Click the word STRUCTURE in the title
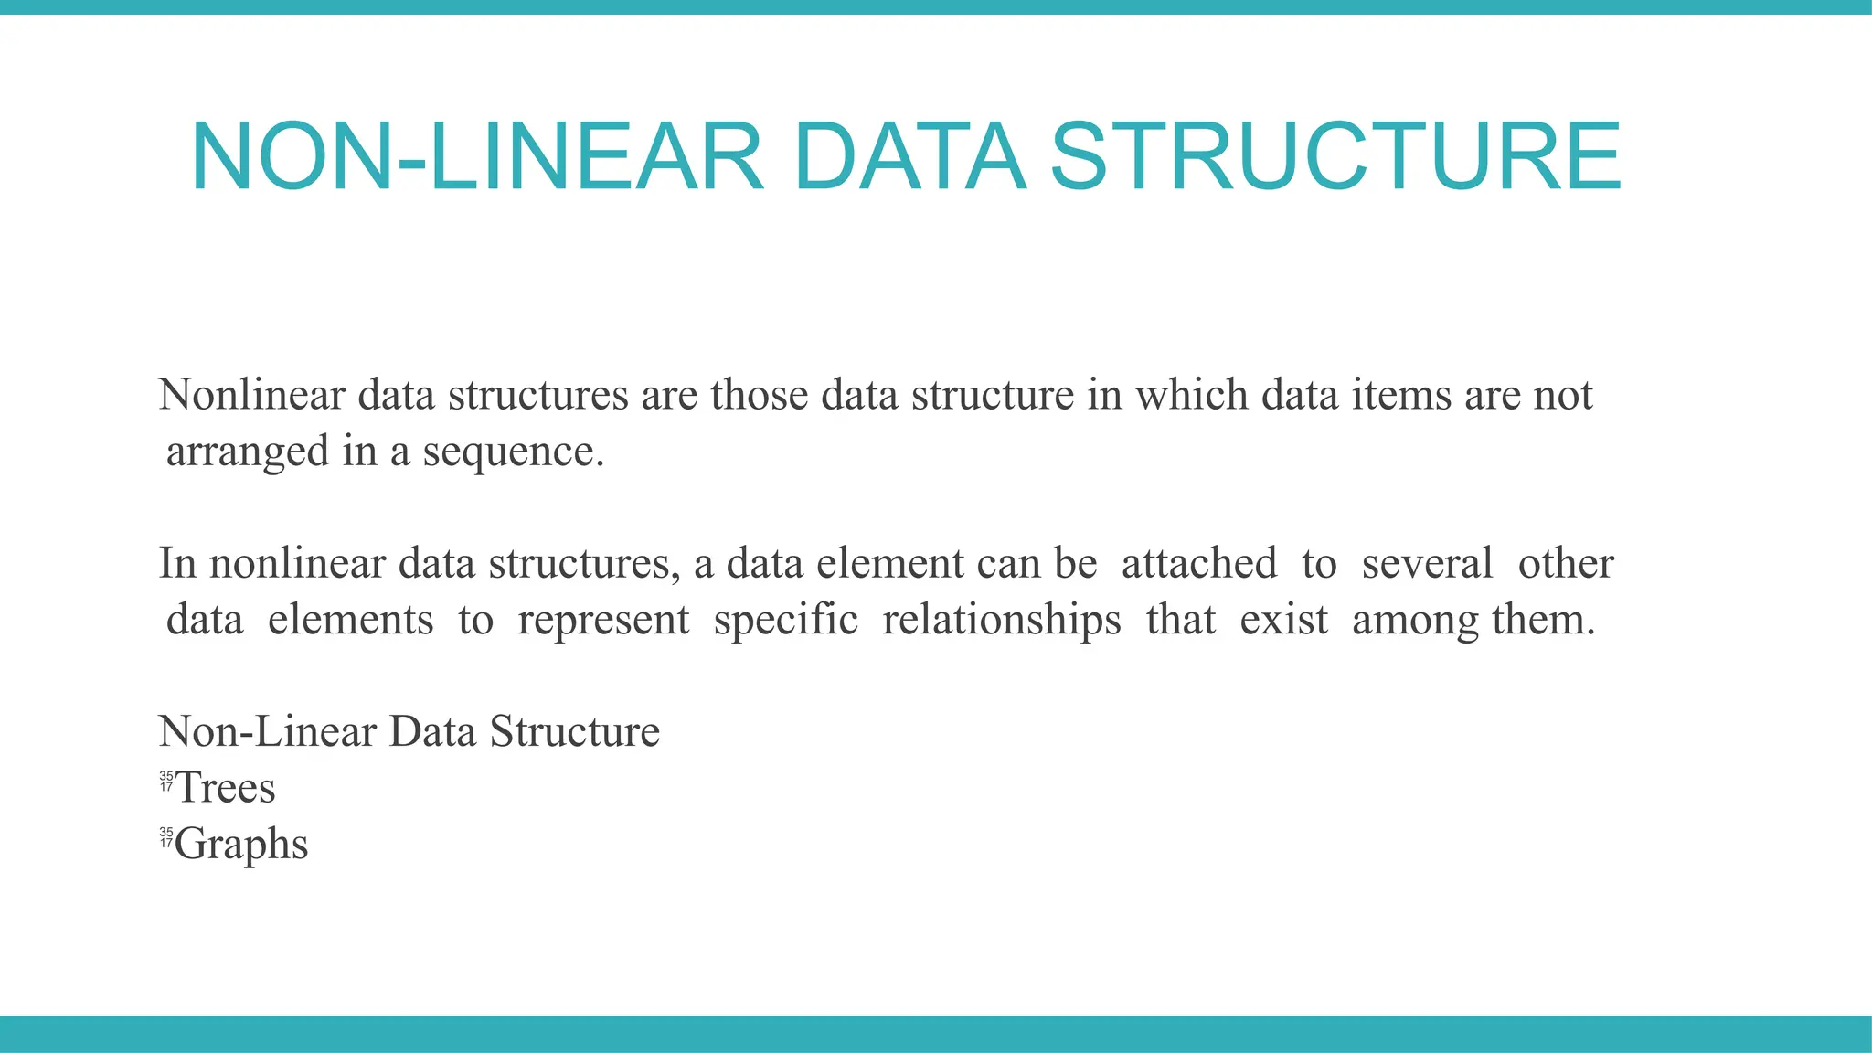(x=1335, y=157)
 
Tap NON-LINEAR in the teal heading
(x=476, y=157)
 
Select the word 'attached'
(x=1198, y=563)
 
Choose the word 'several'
(x=1427, y=563)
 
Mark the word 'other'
(x=1566, y=563)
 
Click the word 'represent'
(x=603, y=620)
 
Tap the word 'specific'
(x=786, y=620)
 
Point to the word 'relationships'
(x=1002, y=620)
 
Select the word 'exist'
(x=1283, y=620)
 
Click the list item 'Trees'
(x=226, y=788)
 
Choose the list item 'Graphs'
(x=242, y=845)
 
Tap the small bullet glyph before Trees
(x=165, y=782)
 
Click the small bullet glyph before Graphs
(x=165, y=837)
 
